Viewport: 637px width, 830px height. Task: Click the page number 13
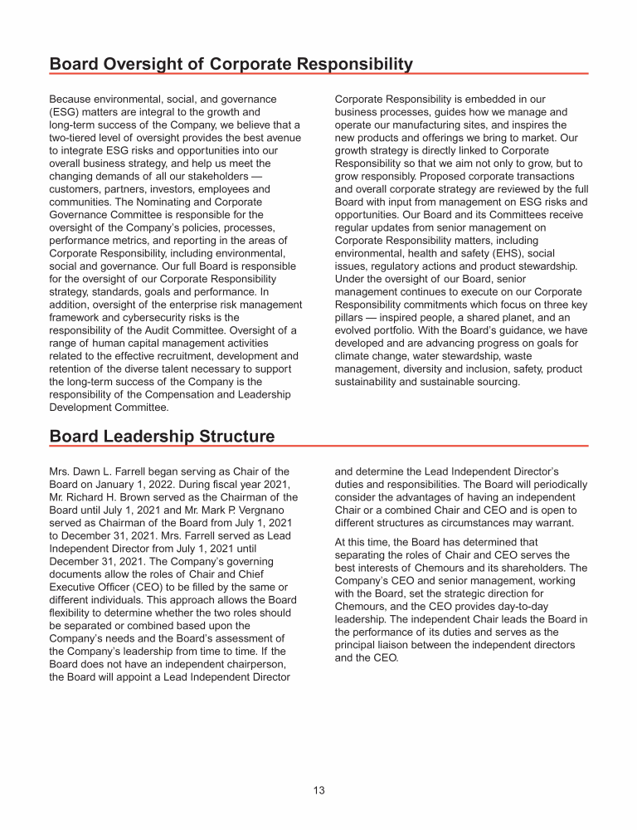click(319, 790)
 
